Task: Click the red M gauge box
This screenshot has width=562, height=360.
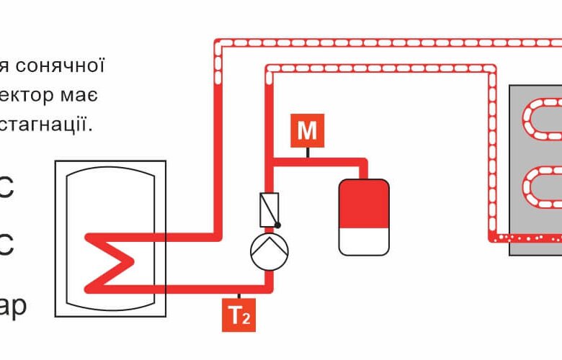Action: (308, 131)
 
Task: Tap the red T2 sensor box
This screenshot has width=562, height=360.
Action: (239, 316)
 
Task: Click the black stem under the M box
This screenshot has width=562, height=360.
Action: (308, 152)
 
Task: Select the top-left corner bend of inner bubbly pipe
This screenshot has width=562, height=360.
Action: (269, 69)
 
